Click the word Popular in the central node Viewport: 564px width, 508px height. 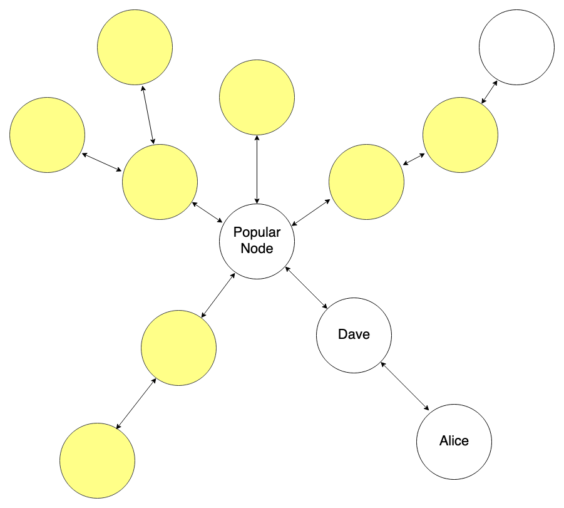pyautogui.click(x=257, y=232)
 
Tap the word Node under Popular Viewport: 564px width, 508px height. pyautogui.click(x=257, y=249)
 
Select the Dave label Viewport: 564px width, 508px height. pyautogui.click(x=354, y=334)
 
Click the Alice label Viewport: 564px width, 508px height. pyautogui.click(x=454, y=441)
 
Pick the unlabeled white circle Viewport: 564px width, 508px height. pyautogui.click(x=516, y=47)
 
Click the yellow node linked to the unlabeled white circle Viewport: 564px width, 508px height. pyautogui.click(x=460, y=135)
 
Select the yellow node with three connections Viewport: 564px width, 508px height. pyautogui.click(x=160, y=182)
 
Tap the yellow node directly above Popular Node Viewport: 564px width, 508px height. pyautogui.click(x=257, y=97)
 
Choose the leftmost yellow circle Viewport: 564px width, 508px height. pyautogui.click(x=47, y=135)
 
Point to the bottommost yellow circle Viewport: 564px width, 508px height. pyautogui.click(x=97, y=460)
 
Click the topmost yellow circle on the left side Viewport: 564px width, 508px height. pyautogui.click(x=135, y=47)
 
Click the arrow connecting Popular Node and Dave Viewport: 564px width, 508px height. pyautogui.click(x=306, y=288)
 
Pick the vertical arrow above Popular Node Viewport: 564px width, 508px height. pyautogui.click(x=257, y=169)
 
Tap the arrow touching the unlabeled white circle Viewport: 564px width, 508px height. pyautogui.click(x=489, y=91)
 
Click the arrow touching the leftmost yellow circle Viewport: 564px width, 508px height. pyautogui.click(x=102, y=162)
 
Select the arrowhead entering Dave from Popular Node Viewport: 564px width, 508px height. pyautogui.click(x=326, y=307)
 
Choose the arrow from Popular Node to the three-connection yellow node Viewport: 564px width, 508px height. pyautogui.click(x=207, y=211)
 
